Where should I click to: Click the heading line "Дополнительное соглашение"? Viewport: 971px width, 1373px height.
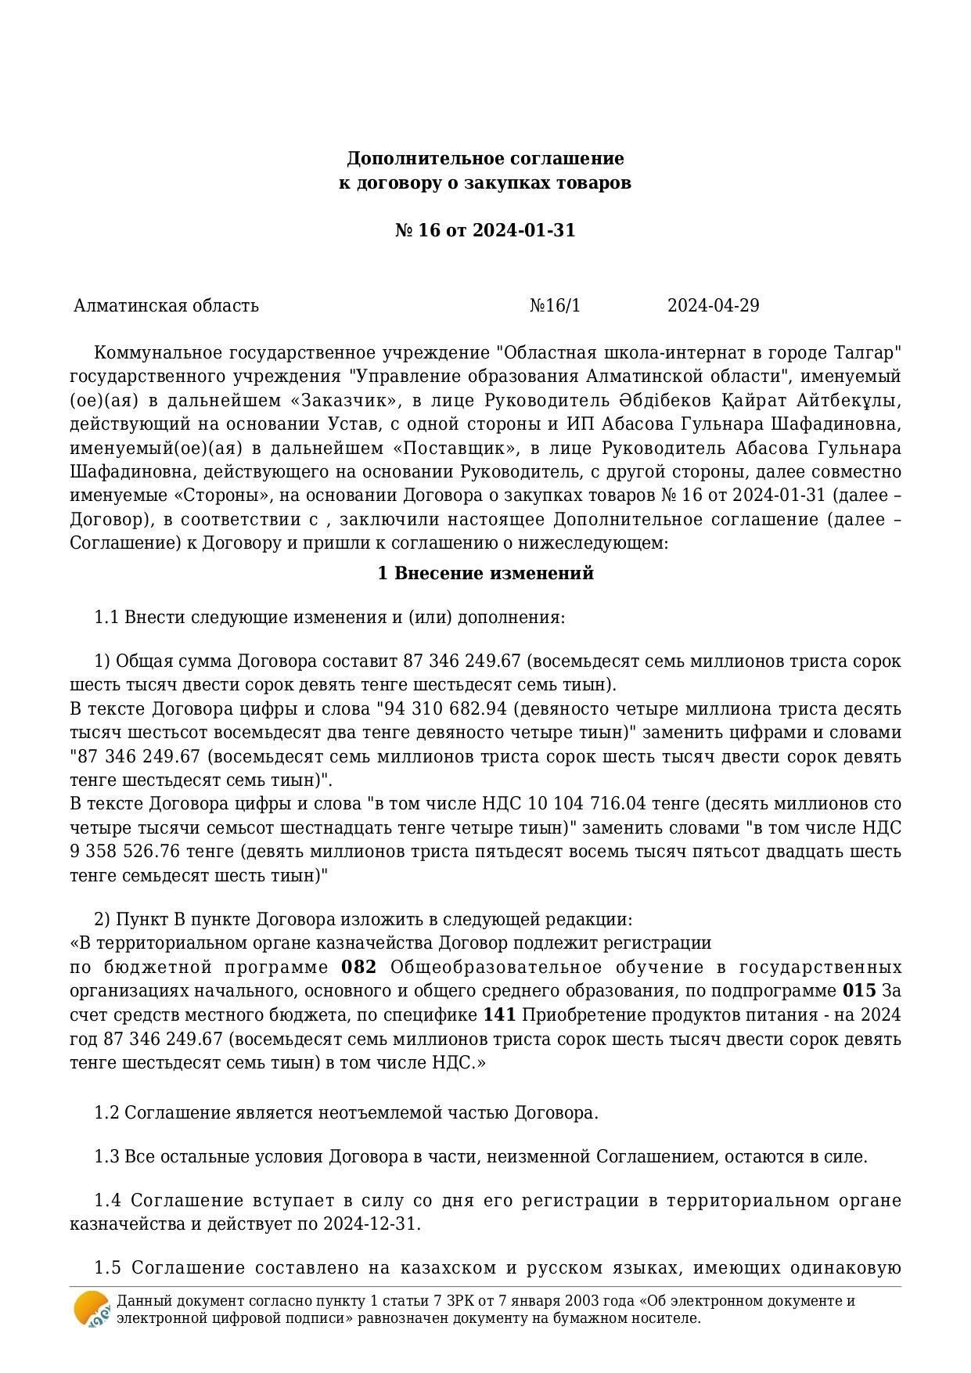coord(485,159)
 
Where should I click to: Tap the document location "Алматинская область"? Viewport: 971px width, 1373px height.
coord(166,305)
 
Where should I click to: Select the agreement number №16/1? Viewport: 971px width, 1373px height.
coord(555,305)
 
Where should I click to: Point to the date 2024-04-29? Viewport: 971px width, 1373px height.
coord(713,305)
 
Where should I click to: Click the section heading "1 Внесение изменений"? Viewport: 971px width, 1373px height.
coord(485,574)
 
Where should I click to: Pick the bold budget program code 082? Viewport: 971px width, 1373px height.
coord(359,968)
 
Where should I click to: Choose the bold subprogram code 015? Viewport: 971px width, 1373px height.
coord(858,991)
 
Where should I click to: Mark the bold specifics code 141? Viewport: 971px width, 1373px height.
coord(499,1015)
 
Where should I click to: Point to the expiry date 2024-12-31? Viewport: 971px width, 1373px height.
coord(371,1224)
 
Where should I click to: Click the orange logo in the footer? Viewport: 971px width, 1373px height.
coord(92,1309)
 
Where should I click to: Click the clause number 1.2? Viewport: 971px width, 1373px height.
coord(106,1113)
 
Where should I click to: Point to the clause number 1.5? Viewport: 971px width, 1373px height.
coord(107,1268)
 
